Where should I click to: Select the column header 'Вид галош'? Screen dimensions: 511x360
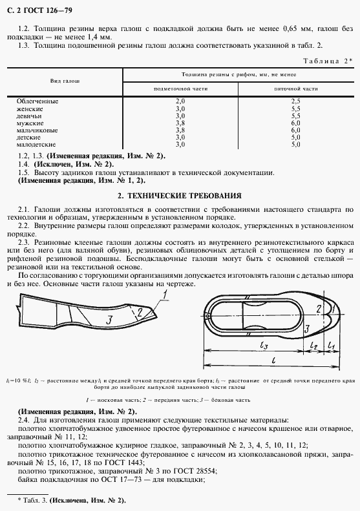coord(65,81)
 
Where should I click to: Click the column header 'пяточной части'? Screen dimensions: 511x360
coord(297,89)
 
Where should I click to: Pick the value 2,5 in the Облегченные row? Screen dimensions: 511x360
coord(296,101)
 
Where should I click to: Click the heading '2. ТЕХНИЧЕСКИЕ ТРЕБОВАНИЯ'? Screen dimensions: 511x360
coord(180,195)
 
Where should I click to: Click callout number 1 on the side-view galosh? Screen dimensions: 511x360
coord(165,295)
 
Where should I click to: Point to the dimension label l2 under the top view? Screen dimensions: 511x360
coord(315,347)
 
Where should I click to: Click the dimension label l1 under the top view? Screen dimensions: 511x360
coord(330,347)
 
